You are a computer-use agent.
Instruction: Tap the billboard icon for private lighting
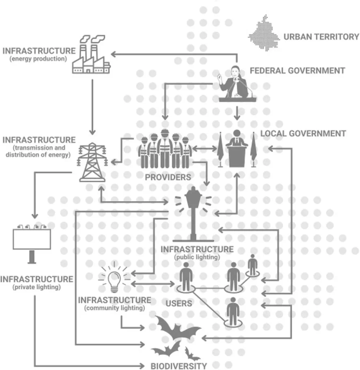tap(32, 242)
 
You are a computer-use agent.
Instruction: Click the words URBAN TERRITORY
tap(321, 37)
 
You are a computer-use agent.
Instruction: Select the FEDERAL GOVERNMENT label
tap(297, 70)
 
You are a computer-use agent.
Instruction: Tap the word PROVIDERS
tap(168, 177)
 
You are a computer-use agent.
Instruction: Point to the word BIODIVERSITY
tap(179, 366)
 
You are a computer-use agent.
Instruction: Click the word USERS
tap(179, 303)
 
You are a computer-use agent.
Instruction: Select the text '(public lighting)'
tap(196, 257)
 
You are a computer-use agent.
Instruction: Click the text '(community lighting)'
tap(114, 308)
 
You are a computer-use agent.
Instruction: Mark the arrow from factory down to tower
tap(92, 105)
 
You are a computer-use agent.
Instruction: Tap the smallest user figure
tap(253, 265)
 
